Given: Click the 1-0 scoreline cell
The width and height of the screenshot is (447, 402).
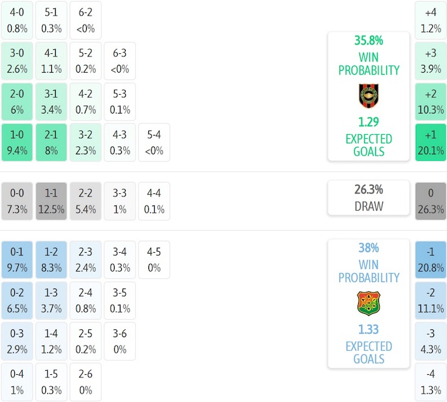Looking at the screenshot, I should (x=17, y=143).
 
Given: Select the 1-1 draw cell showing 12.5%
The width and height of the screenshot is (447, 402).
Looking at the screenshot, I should (x=51, y=201).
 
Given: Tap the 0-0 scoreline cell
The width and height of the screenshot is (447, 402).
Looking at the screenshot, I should (x=17, y=201).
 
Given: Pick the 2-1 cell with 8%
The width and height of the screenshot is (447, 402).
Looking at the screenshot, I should (x=51, y=143).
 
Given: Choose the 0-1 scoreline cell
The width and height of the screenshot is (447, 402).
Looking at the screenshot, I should (x=17, y=260).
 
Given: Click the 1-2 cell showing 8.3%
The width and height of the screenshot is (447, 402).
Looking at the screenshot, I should (x=51, y=260).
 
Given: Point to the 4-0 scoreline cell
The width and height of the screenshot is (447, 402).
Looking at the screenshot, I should (x=17, y=20).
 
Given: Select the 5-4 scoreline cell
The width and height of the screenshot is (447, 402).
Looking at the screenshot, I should (x=154, y=143).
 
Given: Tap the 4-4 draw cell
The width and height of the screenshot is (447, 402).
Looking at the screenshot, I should (x=154, y=201).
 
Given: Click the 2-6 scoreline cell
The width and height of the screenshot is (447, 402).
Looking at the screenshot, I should (x=86, y=383).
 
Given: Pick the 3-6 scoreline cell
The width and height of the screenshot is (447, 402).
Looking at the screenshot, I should (x=119, y=341).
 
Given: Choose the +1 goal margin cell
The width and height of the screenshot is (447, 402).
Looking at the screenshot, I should (x=431, y=143).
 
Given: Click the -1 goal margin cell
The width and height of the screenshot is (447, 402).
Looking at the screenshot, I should (x=431, y=260).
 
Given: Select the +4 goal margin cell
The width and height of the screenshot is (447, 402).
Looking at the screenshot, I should (x=431, y=20).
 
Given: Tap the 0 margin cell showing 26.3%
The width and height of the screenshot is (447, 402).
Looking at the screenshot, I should (x=431, y=201).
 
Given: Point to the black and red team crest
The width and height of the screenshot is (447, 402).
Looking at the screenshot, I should (x=369, y=96).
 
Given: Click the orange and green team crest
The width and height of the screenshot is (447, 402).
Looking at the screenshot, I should (x=369, y=303).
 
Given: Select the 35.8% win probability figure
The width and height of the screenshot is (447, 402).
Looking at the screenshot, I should (x=368, y=40).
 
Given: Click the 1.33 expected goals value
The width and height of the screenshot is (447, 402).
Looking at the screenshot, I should (x=369, y=329).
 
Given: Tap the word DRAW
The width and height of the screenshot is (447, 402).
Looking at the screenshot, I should (x=369, y=207).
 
